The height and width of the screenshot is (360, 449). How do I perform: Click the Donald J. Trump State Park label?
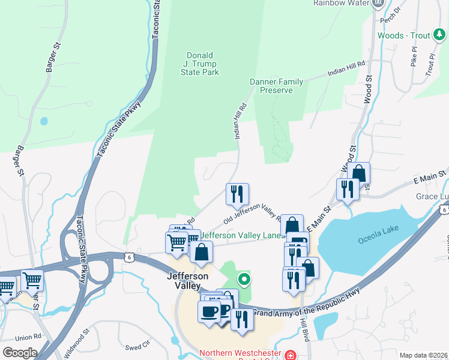click(x=200, y=63)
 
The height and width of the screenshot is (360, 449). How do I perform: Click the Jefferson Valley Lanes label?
click(x=243, y=236)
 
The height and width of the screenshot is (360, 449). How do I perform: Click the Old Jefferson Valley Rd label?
click(x=253, y=214)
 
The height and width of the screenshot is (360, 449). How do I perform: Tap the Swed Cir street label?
click(x=137, y=347)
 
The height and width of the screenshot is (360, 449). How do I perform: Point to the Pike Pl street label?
click(x=414, y=58)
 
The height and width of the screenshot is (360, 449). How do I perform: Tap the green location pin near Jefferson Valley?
click(x=244, y=278)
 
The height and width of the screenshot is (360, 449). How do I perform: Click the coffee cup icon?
click(x=209, y=311)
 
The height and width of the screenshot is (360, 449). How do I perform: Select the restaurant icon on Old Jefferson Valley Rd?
click(x=237, y=193)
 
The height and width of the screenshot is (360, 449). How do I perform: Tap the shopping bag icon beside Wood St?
click(x=358, y=173)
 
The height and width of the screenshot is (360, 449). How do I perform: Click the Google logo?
click(x=19, y=353)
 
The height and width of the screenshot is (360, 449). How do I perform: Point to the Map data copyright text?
click(x=424, y=355)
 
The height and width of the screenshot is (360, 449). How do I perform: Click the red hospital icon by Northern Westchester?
click(x=290, y=355)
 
